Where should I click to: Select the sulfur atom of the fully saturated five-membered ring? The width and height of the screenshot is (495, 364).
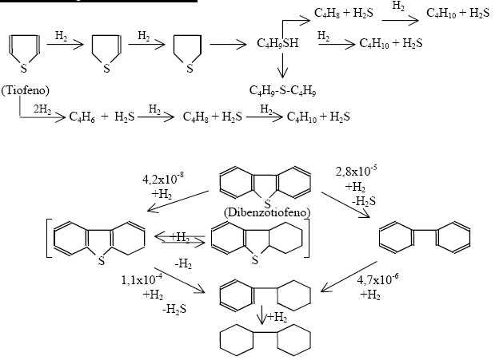tap(189, 68)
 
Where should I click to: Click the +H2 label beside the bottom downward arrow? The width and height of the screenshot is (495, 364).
tap(277, 318)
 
